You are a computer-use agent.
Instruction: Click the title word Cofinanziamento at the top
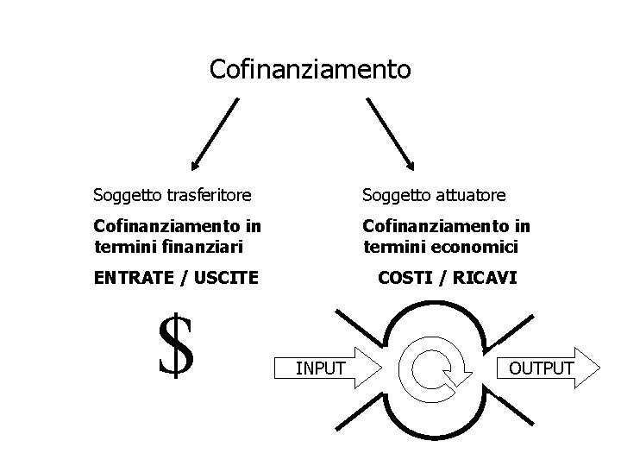tap(310, 69)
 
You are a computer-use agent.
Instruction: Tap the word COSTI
tap(407, 278)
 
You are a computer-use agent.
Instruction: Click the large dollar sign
tap(176, 346)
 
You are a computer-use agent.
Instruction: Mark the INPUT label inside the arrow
tap(321, 369)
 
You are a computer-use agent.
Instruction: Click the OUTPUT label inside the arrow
tap(541, 368)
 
